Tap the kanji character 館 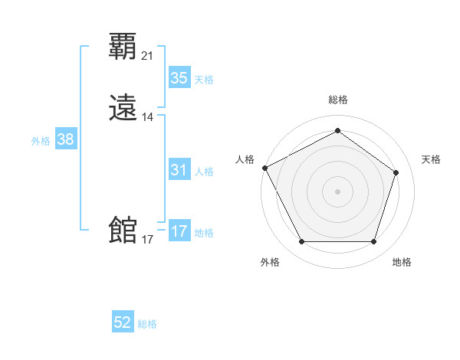point(123,230)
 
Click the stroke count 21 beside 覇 point(148,56)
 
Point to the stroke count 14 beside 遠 point(148,117)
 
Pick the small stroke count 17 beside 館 point(148,240)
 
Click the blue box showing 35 point(179,78)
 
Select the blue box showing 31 point(179,170)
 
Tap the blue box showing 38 point(65,139)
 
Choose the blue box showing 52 point(123,323)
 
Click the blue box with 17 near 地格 point(179,231)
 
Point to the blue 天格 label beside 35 point(204,80)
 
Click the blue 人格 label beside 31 point(204,172)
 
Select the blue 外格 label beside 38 point(41,141)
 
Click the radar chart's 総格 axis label point(337,100)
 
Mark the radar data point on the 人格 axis point(264,167)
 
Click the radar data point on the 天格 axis point(396,172)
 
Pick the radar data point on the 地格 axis point(373,242)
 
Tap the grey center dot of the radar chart point(337,191)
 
